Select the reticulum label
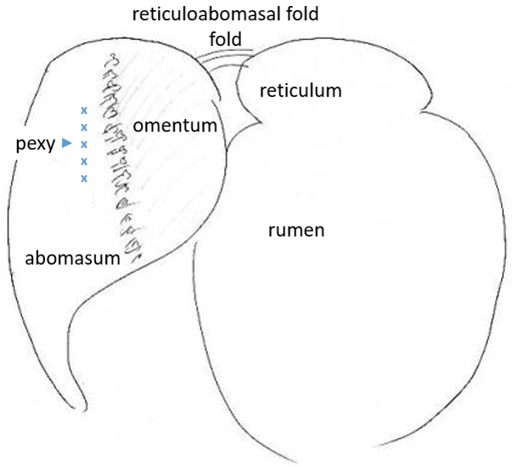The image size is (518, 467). click(300, 90)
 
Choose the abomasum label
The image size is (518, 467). click(72, 257)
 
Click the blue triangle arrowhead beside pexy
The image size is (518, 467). click(66, 144)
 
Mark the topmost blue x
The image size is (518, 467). click(83, 110)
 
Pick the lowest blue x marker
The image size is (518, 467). click(83, 177)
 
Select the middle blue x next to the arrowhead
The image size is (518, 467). click(83, 144)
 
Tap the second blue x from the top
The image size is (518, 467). click(83, 127)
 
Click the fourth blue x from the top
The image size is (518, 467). click(83, 160)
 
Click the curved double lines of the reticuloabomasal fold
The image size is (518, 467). click(222, 54)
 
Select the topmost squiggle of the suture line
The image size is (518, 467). click(110, 60)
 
